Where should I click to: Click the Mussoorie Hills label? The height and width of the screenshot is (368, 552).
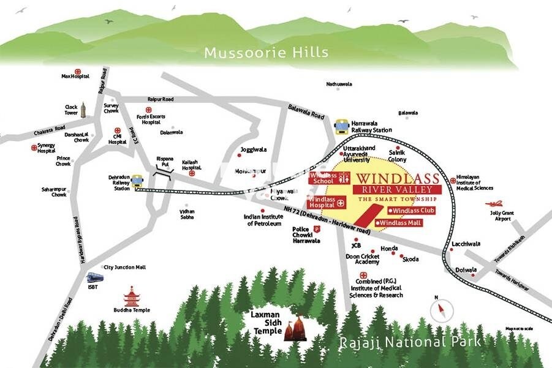(x=266, y=52)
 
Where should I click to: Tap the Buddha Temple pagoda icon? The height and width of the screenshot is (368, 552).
(x=131, y=296)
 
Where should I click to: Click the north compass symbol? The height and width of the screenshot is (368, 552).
(x=439, y=310)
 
